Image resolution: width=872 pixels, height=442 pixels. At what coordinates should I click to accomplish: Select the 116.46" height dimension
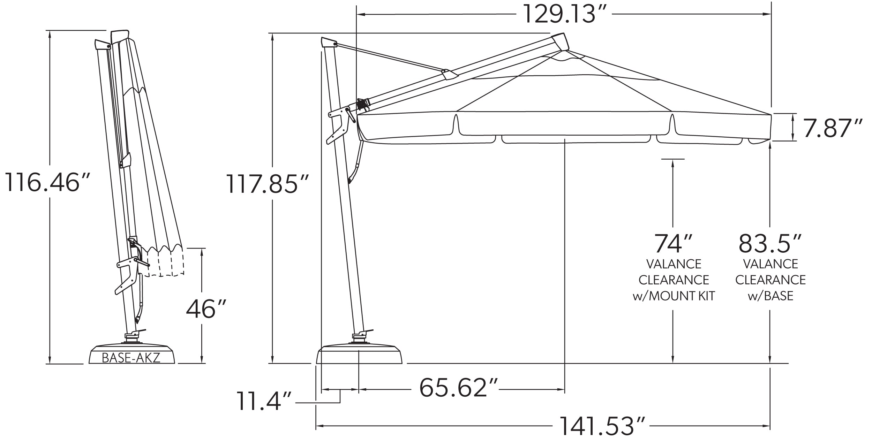[x=48, y=183]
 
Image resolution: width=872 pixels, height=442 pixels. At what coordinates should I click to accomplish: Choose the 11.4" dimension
[x=264, y=401]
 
